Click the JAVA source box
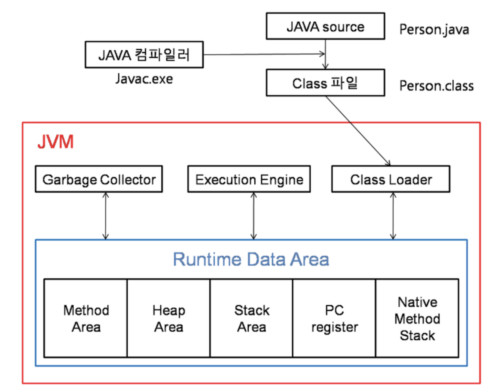point(325,26)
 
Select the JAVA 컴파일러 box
point(144,55)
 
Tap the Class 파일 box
point(325,83)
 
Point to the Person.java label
point(434,30)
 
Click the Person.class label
point(436,86)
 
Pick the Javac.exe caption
point(144,79)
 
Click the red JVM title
point(56,142)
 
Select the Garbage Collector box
point(99,179)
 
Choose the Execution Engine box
point(249,179)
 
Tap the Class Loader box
point(391,179)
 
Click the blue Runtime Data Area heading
point(251,259)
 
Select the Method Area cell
point(86,318)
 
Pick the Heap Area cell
point(168,318)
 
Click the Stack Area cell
point(251,318)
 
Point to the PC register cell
point(334,318)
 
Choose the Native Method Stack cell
point(417,318)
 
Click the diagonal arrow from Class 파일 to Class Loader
point(358,131)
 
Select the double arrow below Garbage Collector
point(105,216)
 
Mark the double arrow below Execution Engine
point(253,216)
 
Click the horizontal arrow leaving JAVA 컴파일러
point(264,54)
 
